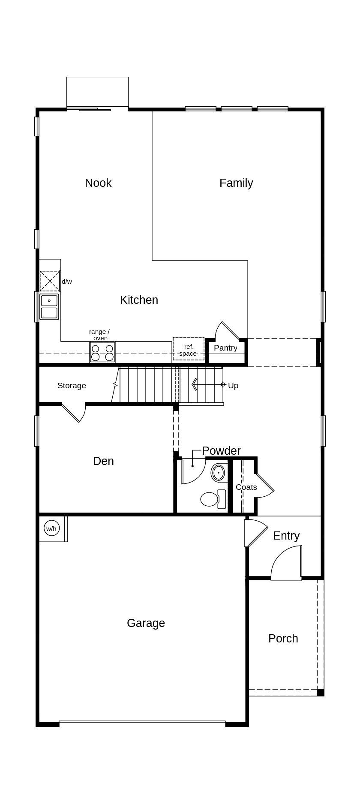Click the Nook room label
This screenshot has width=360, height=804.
point(98,183)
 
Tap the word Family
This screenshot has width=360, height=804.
point(236,183)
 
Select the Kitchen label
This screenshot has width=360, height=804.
point(139,300)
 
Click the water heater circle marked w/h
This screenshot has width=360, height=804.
point(51,528)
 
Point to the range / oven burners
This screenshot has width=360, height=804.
point(102,352)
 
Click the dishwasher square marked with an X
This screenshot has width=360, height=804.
point(50,281)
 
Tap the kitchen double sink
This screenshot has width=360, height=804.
point(49,307)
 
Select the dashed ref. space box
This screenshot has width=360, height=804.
point(189,349)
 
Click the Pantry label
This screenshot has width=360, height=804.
point(225,348)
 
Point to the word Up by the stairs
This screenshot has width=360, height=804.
point(233,386)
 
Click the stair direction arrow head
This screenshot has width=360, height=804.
point(195,384)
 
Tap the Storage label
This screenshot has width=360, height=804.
point(72,386)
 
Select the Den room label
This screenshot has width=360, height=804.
point(103,461)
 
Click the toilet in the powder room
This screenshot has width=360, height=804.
point(213,499)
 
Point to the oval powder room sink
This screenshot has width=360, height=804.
point(219,473)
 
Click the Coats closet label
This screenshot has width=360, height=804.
point(246,487)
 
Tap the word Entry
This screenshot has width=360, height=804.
point(286,536)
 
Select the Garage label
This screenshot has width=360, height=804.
point(146,623)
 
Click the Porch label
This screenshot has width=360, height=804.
point(283,639)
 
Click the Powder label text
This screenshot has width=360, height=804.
point(221,451)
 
